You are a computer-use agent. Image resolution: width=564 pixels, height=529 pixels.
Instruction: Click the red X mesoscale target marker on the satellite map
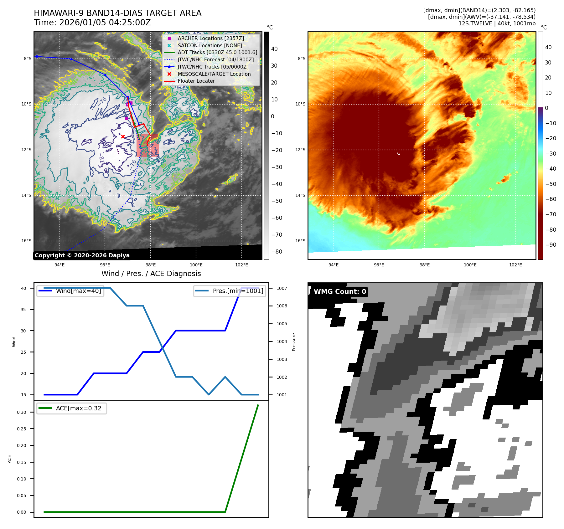(123, 136)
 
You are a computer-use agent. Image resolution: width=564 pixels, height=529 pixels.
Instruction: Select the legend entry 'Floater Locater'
(196, 81)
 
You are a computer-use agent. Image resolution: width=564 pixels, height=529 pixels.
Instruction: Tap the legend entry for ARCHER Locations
(210, 38)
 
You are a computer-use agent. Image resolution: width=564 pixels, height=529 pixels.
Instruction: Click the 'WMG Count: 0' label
(340, 292)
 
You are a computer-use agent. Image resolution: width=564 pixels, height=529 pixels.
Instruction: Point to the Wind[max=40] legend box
(70, 291)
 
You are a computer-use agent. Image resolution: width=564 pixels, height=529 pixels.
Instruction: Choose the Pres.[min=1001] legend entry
(230, 291)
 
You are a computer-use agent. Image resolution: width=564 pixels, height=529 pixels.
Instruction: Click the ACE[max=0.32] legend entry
(72, 408)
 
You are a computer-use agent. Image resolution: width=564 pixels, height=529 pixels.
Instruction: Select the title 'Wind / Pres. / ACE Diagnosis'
(151, 274)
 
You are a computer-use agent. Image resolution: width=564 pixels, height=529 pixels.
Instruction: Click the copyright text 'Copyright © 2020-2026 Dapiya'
(82, 255)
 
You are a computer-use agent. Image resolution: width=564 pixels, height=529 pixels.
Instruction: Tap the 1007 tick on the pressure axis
(282, 288)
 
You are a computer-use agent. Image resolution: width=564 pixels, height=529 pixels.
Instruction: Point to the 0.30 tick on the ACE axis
(22, 412)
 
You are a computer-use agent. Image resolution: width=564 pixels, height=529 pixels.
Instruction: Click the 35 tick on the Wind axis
(23, 310)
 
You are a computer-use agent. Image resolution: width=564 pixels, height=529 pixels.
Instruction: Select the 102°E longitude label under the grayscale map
(241, 265)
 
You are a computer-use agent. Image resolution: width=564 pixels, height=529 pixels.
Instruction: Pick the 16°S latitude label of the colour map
(300, 241)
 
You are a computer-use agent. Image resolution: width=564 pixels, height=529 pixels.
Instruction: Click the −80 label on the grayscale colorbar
(277, 252)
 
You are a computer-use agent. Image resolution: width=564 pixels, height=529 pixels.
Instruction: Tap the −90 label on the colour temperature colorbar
(551, 245)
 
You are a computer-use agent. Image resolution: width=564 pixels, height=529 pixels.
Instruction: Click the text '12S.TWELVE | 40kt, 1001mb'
(497, 23)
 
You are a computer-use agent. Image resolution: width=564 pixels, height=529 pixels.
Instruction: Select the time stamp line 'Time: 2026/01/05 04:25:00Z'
(92, 23)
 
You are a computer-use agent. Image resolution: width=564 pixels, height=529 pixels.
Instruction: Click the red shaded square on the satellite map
(148, 146)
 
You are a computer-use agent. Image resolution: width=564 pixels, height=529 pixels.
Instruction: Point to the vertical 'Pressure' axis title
(294, 342)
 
